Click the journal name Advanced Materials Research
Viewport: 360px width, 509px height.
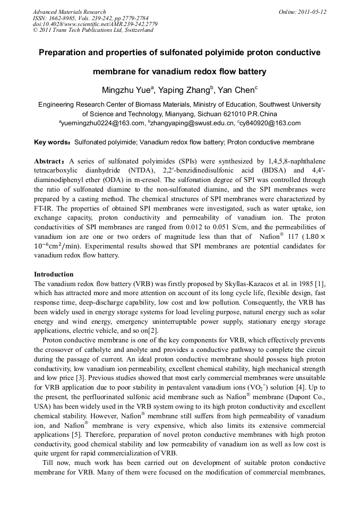pyautogui.click(x=69, y=12)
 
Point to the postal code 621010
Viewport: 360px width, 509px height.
pyautogui.click(x=217, y=114)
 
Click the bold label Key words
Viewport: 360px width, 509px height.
pyautogui.click(x=52, y=142)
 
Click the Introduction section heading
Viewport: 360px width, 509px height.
pyautogui.click(x=54, y=274)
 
